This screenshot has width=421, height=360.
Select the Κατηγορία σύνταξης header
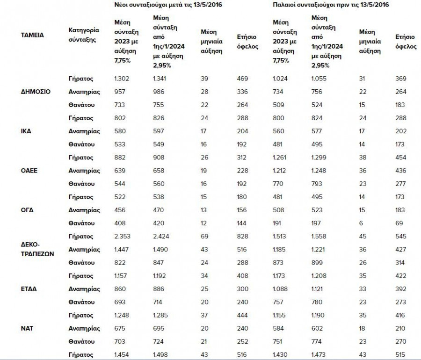point(84,35)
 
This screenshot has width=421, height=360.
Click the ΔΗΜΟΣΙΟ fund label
point(36,92)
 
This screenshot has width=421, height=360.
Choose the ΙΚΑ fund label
point(26,131)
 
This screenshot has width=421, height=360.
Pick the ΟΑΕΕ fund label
point(29,171)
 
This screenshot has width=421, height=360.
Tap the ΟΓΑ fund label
point(28,210)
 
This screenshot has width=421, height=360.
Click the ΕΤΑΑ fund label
point(29,289)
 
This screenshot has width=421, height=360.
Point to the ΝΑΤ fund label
point(27,328)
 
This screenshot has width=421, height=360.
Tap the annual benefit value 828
point(242,237)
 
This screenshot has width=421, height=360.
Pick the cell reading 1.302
point(123,79)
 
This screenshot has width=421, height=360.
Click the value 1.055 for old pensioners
point(320,79)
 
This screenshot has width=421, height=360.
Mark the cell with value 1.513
point(281,237)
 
